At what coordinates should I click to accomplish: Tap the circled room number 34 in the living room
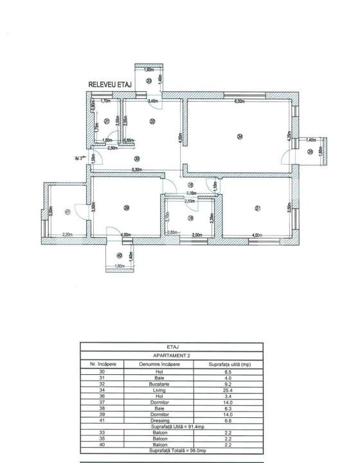point(239,136)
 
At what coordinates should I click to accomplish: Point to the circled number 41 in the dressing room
point(66,211)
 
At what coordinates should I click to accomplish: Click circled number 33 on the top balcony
point(148,81)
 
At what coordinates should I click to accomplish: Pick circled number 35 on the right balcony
point(309,152)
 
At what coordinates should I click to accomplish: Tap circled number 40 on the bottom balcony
point(120,255)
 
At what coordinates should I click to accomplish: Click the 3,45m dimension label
point(153,102)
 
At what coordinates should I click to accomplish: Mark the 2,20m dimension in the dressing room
point(66,235)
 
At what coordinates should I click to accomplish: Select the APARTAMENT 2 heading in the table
point(171,354)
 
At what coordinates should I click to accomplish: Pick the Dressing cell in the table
point(171,421)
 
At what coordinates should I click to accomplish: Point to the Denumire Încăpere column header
point(171,364)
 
